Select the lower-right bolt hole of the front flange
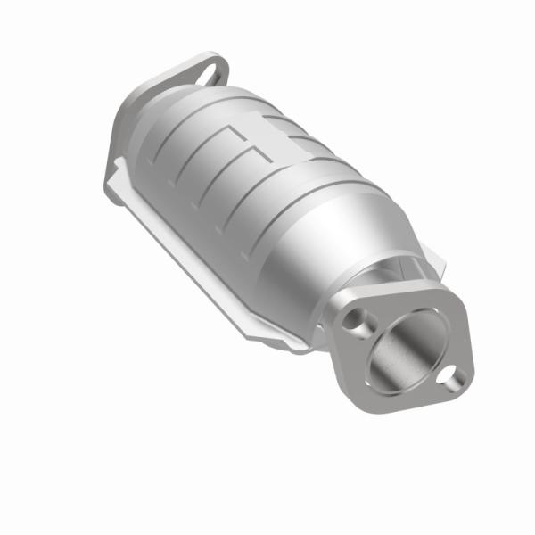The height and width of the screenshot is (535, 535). (x=455, y=378)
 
